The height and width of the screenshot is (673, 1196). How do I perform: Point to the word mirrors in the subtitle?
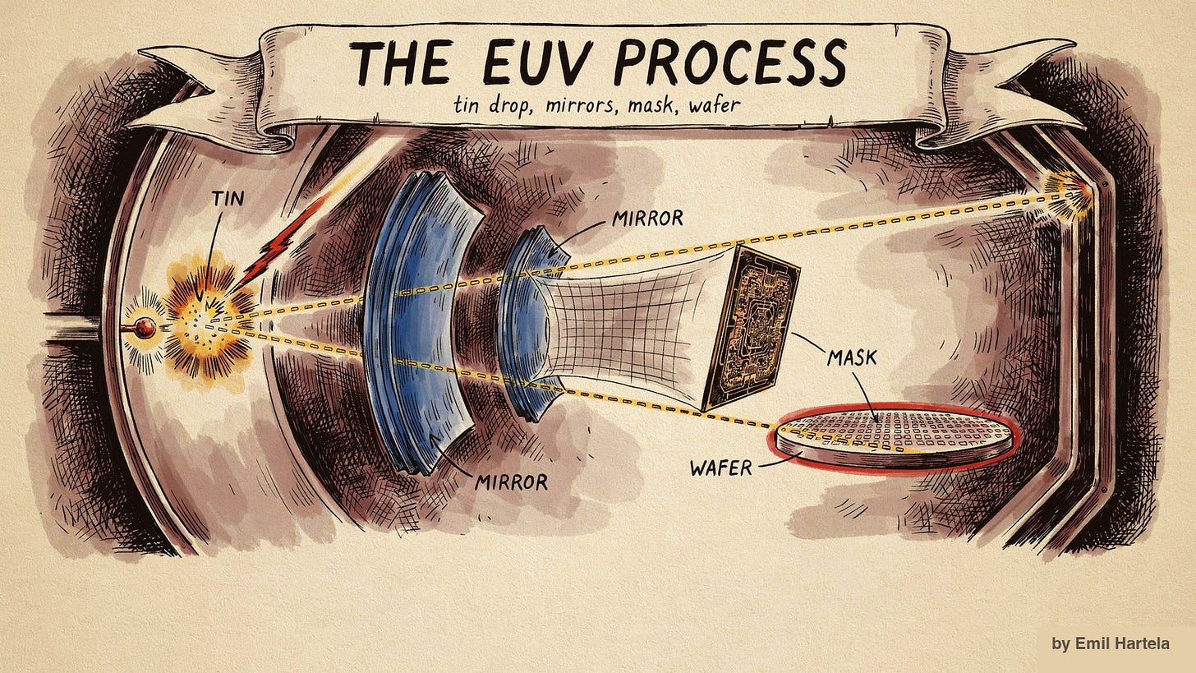[583, 104]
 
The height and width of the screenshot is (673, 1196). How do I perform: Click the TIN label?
[228, 198]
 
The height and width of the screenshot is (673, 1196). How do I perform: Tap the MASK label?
[852, 358]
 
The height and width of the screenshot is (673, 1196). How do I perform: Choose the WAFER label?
[721, 468]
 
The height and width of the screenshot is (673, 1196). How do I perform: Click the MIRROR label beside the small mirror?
[647, 218]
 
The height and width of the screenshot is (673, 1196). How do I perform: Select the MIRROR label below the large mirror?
[511, 482]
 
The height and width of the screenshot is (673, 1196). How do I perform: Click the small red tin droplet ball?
[145, 328]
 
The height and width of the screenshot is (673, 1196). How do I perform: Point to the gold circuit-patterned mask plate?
[750, 329]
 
